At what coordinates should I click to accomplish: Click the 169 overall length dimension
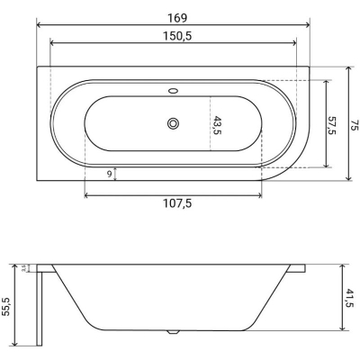pyautogui.click(x=177, y=18)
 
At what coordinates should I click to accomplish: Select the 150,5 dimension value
pyautogui.click(x=177, y=36)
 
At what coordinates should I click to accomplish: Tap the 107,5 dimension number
pyautogui.click(x=177, y=203)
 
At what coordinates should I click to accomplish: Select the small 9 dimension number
pyautogui.click(x=109, y=174)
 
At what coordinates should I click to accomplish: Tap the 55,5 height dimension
pyautogui.click(x=6, y=306)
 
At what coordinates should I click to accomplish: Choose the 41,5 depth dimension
pyautogui.click(x=350, y=298)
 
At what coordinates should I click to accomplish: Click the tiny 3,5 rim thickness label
pyautogui.click(x=23, y=268)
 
